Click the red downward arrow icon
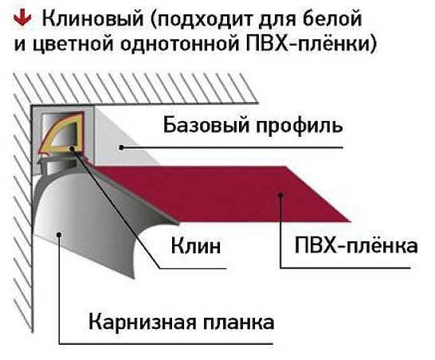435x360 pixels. [23, 18]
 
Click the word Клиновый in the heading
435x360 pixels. [93, 18]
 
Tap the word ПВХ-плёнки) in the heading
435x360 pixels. [311, 44]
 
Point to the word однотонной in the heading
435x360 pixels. [179, 45]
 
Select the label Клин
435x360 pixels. [196, 246]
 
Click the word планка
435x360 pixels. [239, 323]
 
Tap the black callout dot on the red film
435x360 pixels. [280, 195]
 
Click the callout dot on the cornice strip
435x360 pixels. [59, 235]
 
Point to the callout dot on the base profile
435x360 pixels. [122, 147]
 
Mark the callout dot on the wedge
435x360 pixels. [72, 149]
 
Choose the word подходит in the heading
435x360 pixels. [204, 20]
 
